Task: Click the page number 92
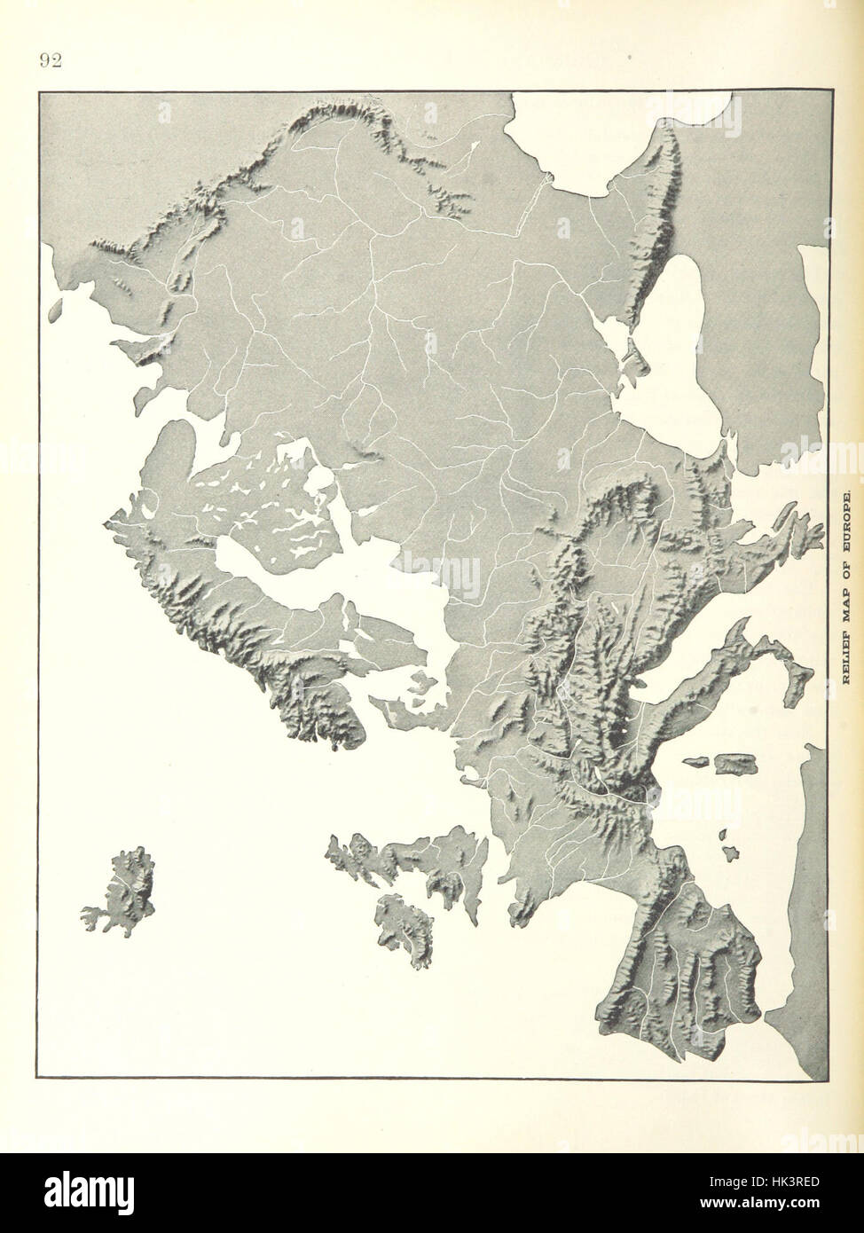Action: pyautogui.click(x=50, y=60)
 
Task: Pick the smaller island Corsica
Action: pyautogui.click(x=697, y=762)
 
